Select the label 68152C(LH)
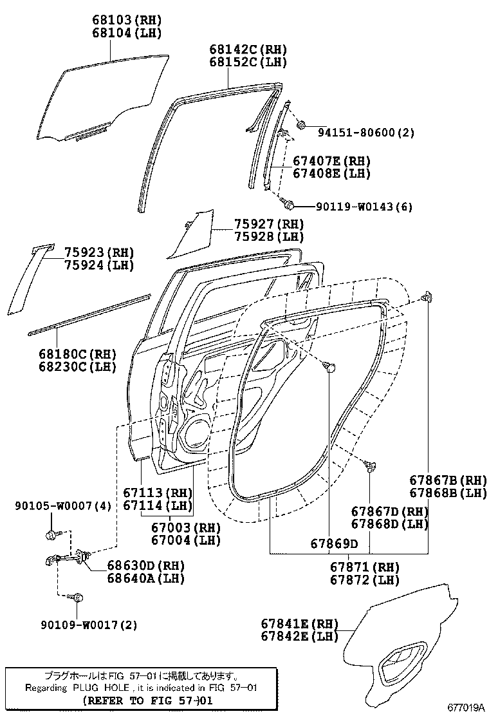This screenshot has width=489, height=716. [248, 62]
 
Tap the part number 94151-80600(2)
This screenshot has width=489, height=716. [365, 133]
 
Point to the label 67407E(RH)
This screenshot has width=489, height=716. [332, 161]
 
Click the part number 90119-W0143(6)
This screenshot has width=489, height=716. [364, 207]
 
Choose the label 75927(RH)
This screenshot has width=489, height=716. [268, 224]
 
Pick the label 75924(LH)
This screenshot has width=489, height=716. [99, 265]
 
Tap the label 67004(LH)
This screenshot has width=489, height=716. [186, 540]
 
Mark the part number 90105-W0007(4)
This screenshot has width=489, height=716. [63, 506]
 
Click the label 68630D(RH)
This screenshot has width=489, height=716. [145, 565]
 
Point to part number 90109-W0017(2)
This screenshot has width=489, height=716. [89, 625]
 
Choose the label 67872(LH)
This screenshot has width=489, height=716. [365, 580]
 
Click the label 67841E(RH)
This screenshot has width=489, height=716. [299, 623]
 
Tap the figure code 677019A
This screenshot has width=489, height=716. [466, 707]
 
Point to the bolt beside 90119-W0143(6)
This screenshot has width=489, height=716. [289, 205]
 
